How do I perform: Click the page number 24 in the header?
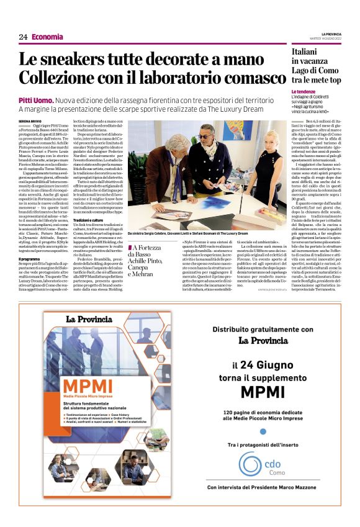[23, 37]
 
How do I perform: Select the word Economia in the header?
[48, 37]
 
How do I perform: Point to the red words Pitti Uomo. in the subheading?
[35, 100]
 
